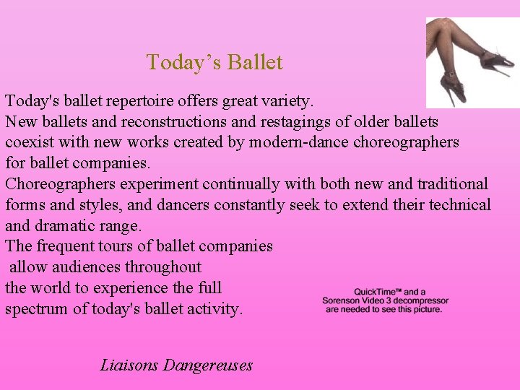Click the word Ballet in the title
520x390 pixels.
[x=254, y=63]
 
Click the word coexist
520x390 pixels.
[x=29, y=142]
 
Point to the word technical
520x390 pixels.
[x=460, y=205]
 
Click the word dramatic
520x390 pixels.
[x=71, y=225]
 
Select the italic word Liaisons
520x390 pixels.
[x=129, y=365]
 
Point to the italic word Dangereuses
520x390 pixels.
[x=208, y=365]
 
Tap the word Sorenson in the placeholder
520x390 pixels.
[x=344, y=300]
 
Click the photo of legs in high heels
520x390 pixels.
[x=472, y=62]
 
